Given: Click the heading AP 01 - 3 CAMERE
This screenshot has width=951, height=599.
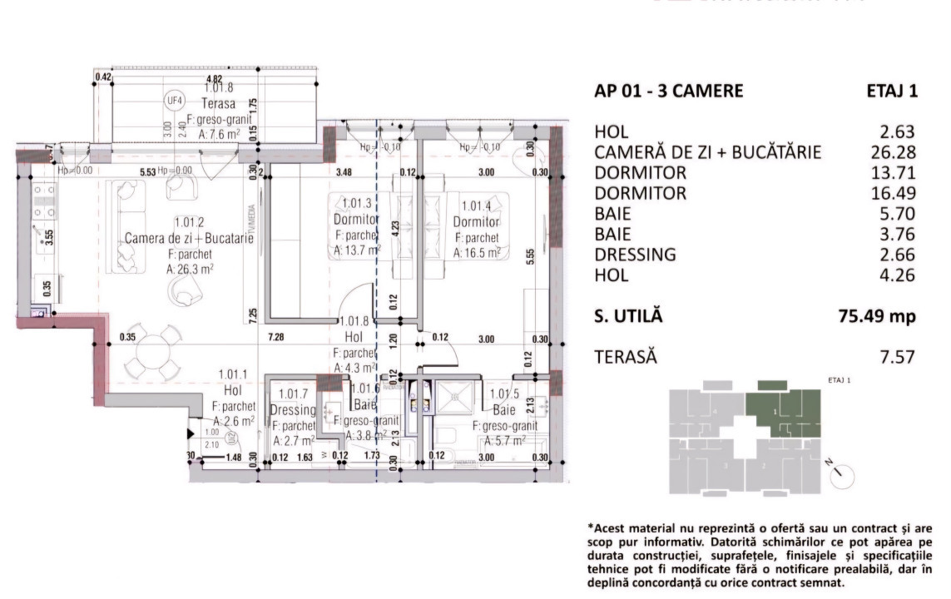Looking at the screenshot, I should pyautogui.click(x=669, y=92).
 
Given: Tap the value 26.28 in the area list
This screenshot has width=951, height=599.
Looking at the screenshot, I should pyautogui.click(x=891, y=152).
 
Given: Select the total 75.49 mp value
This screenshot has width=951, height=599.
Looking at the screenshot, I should pyautogui.click(x=876, y=316).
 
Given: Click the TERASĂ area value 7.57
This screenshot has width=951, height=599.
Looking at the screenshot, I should pyautogui.click(x=897, y=357).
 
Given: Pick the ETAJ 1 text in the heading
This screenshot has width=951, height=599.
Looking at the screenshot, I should pyautogui.click(x=892, y=92).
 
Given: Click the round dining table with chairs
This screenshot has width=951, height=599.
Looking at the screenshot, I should pyautogui.click(x=152, y=352).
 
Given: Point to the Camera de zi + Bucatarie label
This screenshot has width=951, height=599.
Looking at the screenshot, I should pyautogui.click(x=189, y=239).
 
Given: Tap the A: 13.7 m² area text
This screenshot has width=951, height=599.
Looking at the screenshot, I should pyautogui.click(x=357, y=249).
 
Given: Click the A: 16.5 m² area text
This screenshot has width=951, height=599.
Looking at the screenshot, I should pyautogui.click(x=476, y=251).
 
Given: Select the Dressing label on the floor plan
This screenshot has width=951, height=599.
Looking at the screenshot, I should pyautogui.click(x=293, y=410).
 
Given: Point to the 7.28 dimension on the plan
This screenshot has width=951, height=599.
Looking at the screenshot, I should pyautogui.click(x=276, y=339).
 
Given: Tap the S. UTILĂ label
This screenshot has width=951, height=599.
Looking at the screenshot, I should pyautogui.click(x=629, y=316).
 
